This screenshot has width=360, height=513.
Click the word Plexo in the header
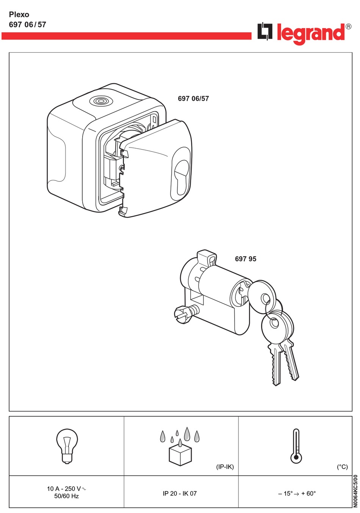pyautogui.click(x=19, y=14)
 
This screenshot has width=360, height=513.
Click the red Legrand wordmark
pyautogui.click(x=311, y=34)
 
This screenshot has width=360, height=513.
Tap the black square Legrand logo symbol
pyautogui.click(x=265, y=31)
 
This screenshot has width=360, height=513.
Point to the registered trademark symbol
pyautogui.click(x=348, y=26)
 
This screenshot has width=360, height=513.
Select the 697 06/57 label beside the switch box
pyautogui.click(x=193, y=99)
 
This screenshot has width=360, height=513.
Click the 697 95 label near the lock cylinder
pyautogui.click(x=246, y=259)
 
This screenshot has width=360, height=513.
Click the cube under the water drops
pyautogui.click(x=180, y=456)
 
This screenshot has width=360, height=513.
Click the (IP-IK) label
pyautogui.click(x=225, y=467)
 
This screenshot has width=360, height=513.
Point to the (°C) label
pyautogui.click(x=342, y=467)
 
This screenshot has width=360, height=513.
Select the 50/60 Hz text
pyautogui.click(x=66, y=496)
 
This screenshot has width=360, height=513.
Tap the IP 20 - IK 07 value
pyautogui.click(x=180, y=493)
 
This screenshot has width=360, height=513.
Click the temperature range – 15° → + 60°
pyautogui.click(x=297, y=493)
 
